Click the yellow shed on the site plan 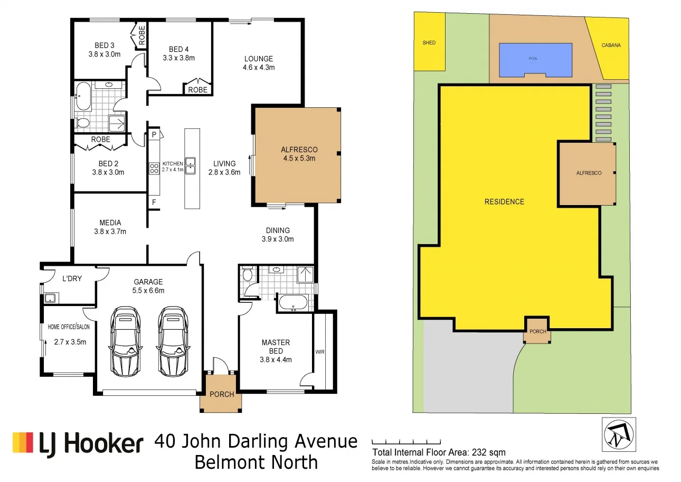(x=429, y=42)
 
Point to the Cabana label (x=611, y=45)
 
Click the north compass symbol (x=619, y=434)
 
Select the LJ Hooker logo (x=78, y=443)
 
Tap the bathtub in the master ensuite (x=292, y=303)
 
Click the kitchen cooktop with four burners (x=154, y=168)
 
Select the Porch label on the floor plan (x=222, y=394)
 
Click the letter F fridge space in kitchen (x=154, y=202)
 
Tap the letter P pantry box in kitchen (x=154, y=135)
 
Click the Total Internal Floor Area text (x=439, y=452)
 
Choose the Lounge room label (x=258, y=59)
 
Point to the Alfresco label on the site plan (x=588, y=173)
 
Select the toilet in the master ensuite (x=248, y=275)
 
